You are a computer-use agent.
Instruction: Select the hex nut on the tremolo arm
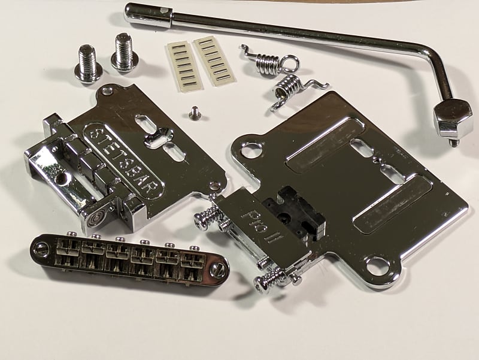click(452, 117)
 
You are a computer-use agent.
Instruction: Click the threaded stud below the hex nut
click(453, 142)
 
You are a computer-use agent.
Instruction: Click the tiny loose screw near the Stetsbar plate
click(194, 111)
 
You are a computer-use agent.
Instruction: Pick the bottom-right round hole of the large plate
click(377, 265)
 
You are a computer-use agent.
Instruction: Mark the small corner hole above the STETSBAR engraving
click(107, 92)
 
